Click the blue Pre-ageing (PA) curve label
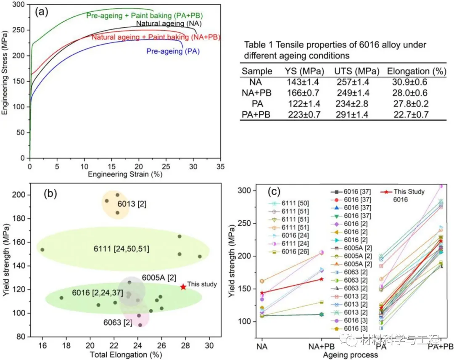[173, 52]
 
